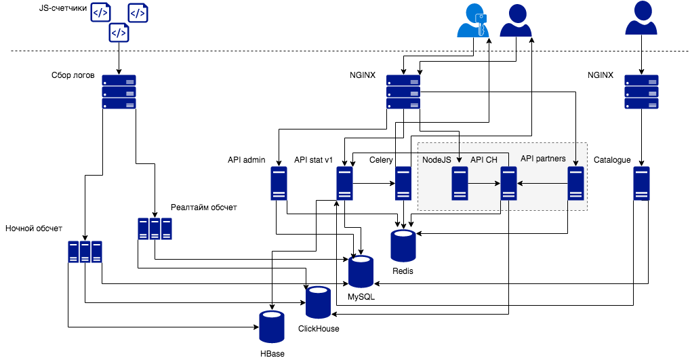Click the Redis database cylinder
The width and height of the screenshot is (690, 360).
coord(403,245)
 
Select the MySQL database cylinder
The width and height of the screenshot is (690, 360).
coord(361,271)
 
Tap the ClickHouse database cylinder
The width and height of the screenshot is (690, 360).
coord(318,302)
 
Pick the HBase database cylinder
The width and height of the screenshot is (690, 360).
coord(272,326)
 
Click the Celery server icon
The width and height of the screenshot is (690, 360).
coord(403,184)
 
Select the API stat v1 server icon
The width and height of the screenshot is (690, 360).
coord(345,184)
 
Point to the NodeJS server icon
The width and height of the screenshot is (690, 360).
coord(461,184)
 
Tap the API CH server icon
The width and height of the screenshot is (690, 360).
coord(509,184)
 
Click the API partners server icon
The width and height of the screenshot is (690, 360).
coord(576,184)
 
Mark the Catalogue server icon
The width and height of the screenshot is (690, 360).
coord(642,184)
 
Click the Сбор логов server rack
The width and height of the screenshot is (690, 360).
coord(119,92)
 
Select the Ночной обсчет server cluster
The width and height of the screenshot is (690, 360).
coord(85,252)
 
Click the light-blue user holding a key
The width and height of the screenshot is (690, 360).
coord(473,20)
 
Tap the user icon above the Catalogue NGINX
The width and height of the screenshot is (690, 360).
coord(641,18)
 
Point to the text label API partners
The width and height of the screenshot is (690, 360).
coord(543,159)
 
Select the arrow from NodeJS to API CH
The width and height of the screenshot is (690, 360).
coord(485,184)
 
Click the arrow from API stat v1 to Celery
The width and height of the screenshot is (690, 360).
coord(373,184)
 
